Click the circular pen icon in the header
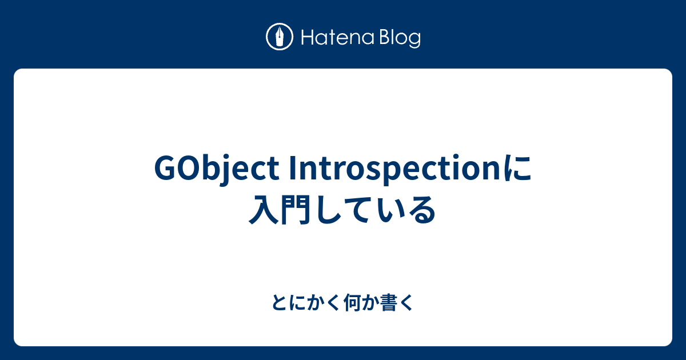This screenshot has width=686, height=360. click(280, 37)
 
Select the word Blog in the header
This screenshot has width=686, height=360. click(398, 38)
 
